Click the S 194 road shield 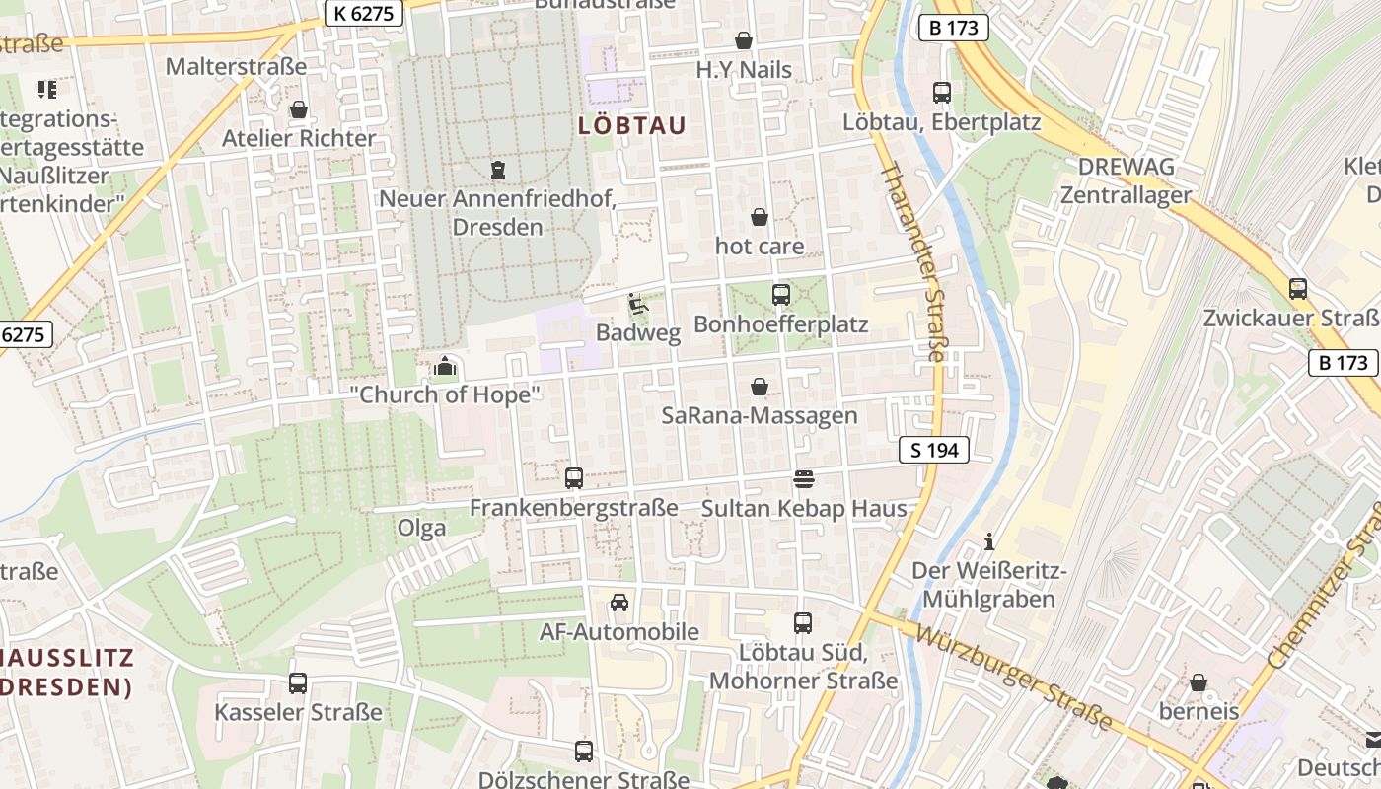click(934, 451)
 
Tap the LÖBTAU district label click(631, 126)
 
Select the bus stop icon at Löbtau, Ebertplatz click(942, 93)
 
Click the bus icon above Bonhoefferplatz click(781, 294)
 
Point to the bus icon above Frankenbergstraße click(574, 478)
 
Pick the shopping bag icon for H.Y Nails click(744, 40)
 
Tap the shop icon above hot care click(760, 217)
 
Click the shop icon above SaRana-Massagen click(760, 387)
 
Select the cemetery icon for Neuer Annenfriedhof click(498, 170)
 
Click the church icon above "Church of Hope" click(445, 367)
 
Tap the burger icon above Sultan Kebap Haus click(803, 479)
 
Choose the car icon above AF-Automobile click(619, 603)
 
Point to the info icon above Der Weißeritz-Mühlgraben click(989, 541)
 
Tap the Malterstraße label click(237, 67)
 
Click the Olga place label click(421, 528)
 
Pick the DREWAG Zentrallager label click(1126, 179)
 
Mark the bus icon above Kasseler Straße click(298, 682)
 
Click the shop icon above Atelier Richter click(298, 109)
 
